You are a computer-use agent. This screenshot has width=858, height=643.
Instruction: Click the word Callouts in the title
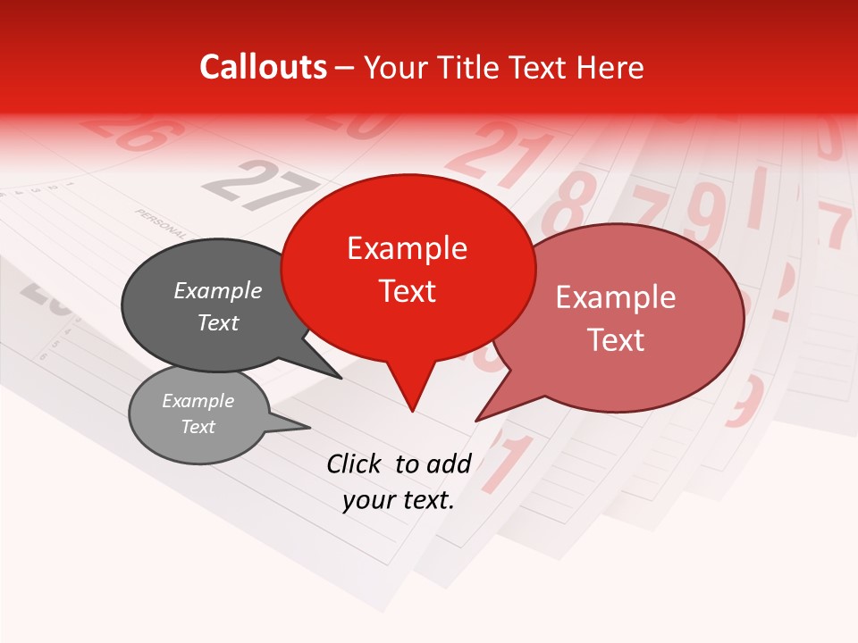(263, 68)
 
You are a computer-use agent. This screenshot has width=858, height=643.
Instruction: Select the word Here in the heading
(610, 68)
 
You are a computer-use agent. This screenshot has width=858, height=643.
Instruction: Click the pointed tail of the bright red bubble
(412, 393)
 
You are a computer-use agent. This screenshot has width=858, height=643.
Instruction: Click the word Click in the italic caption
(354, 463)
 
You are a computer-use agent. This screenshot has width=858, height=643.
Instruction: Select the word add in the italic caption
(449, 463)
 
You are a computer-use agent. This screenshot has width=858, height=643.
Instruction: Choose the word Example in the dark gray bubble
(218, 291)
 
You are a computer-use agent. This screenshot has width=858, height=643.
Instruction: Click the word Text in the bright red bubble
(408, 291)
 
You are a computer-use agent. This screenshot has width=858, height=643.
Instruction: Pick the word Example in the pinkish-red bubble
(616, 297)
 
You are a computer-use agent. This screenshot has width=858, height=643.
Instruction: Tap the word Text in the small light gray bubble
(198, 427)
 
